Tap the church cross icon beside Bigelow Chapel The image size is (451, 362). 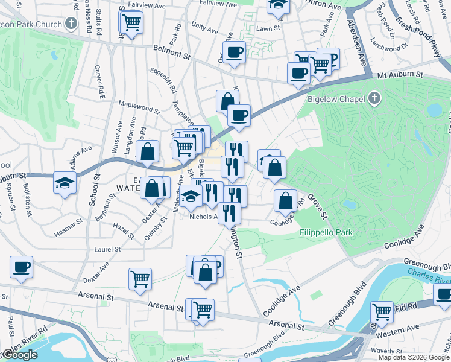(374, 98)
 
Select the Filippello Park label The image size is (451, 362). (326, 232)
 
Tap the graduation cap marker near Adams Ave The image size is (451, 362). (65, 182)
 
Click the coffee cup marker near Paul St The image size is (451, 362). (22, 267)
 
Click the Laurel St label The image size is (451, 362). (107, 249)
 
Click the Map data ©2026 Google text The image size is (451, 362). (414, 357)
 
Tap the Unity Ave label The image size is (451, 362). (204, 28)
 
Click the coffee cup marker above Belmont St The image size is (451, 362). (234, 51)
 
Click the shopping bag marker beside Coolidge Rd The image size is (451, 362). (285, 200)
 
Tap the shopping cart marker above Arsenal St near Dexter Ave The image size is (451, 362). (140, 279)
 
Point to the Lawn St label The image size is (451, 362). (268, 28)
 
